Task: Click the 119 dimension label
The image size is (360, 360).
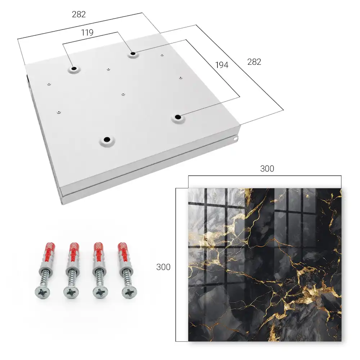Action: click(87, 33)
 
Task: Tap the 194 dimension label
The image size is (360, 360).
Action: click(222, 65)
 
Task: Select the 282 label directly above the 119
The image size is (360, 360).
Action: click(79, 14)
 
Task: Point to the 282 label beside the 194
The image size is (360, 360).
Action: click(254, 62)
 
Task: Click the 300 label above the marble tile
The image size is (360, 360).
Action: click(267, 169)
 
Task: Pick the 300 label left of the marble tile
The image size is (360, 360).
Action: click(163, 267)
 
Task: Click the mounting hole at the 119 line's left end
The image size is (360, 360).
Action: click(74, 68)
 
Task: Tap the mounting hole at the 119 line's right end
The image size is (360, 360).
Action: click(133, 54)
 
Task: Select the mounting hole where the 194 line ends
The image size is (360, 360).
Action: click(178, 117)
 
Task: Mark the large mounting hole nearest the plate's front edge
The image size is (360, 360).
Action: click(107, 139)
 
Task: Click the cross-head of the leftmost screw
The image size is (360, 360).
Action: click(42, 292)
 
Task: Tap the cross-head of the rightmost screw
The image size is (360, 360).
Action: click(129, 292)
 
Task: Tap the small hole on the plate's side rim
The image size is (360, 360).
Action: click(235, 139)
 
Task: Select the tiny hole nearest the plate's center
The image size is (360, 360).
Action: click(123, 94)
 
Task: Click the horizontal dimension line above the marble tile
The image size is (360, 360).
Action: click(265, 176)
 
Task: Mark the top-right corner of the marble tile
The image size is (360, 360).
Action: click(341, 188)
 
